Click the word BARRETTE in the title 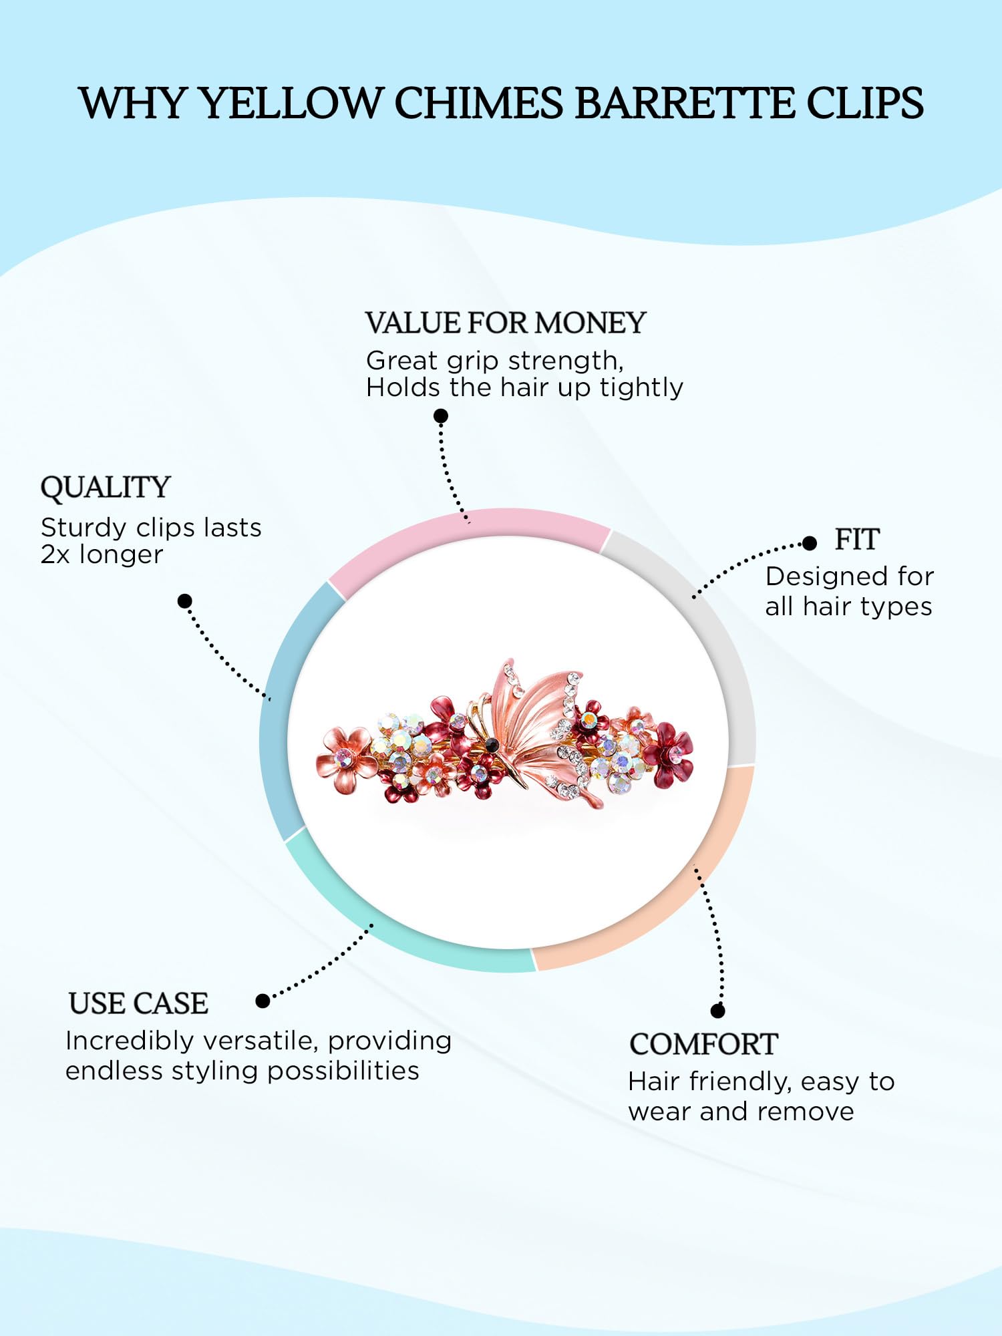684,103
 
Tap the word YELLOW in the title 291,103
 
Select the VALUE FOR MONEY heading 506,323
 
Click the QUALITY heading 106,488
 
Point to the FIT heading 857,539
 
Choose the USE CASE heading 138,1003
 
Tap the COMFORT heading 703,1044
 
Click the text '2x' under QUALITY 55,554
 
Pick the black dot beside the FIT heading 810,543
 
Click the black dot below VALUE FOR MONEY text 441,416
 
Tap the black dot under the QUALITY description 185,601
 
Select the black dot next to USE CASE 263,1001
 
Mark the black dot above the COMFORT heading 718,1011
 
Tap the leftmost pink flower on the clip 346,758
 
